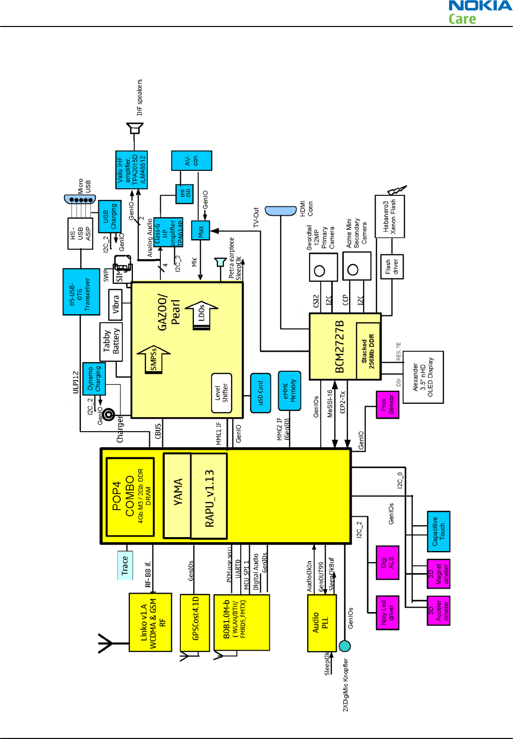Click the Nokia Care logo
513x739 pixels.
click(x=480, y=12)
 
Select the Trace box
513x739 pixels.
click(x=125, y=565)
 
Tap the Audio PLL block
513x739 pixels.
click(x=321, y=623)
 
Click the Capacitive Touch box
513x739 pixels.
click(x=439, y=531)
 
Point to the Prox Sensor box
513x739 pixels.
click(x=387, y=404)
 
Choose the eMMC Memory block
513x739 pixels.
click(x=289, y=391)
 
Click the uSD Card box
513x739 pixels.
click(x=260, y=393)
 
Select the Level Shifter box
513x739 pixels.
click(x=221, y=393)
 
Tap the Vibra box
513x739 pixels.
click(x=115, y=304)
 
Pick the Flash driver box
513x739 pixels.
click(x=392, y=266)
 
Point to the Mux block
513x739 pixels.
click(x=200, y=230)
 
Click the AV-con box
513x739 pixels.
click(x=191, y=160)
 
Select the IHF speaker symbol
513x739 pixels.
click(x=134, y=128)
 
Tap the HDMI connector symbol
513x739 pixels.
click(x=281, y=211)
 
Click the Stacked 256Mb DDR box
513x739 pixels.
click(x=368, y=351)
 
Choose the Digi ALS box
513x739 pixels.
click(x=387, y=563)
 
